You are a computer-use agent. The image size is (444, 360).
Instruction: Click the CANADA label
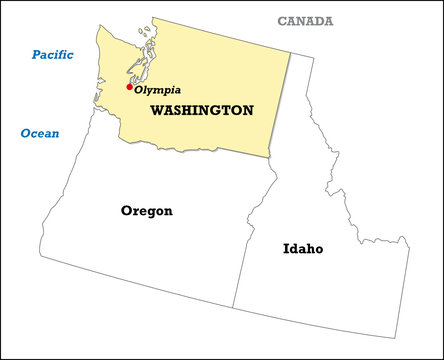(x=305, y=21)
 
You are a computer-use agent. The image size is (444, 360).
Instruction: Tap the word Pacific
(x=52, y=54)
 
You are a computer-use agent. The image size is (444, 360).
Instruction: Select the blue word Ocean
(x=40, y=133)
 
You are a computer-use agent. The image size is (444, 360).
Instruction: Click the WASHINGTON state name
(x=201, y=111)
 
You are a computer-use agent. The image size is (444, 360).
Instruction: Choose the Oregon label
(x=146, y=211)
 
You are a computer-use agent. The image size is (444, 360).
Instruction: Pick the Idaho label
(x=302, y=248)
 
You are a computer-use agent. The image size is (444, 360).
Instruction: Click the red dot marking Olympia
(x=129, y=87)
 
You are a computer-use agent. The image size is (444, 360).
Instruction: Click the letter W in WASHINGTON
(x=158, y=111)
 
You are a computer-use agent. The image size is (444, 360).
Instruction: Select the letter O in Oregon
(x=126, y=211)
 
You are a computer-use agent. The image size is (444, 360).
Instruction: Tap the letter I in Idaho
(x=286, y=248)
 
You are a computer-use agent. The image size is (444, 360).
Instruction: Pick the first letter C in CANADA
(x=282, y=21)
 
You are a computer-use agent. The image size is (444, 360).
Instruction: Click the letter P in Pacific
(x=36, y=54)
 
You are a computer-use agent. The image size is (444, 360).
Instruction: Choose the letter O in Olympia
(x=139, y=90)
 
